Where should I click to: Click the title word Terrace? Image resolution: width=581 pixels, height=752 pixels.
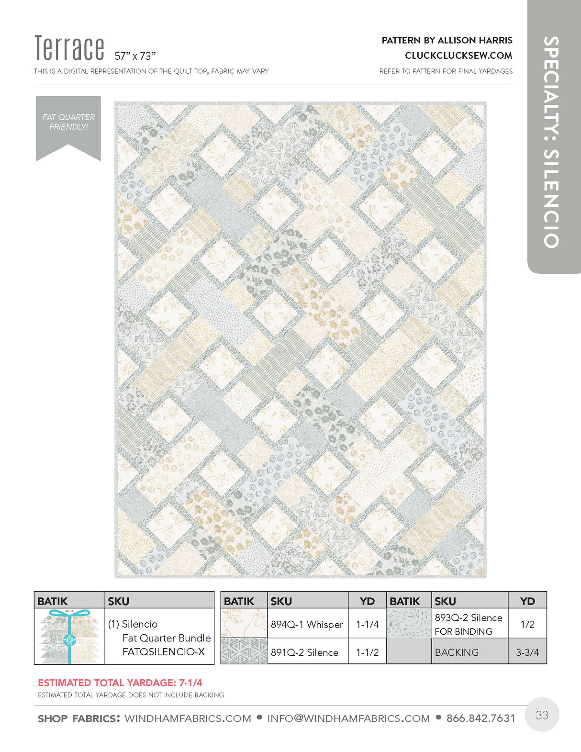(x=69, y=48)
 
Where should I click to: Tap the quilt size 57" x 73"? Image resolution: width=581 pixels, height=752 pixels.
(x=135, y=56)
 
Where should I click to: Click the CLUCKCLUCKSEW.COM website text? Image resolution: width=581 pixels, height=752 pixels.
(x=458, y=56)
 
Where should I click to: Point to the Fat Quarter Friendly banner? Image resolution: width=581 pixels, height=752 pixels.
(x=68, y=124)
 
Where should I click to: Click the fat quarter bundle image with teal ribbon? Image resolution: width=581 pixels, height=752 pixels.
(x=69, y=637)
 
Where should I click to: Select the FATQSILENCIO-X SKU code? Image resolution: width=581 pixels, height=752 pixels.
(x=164, y=652)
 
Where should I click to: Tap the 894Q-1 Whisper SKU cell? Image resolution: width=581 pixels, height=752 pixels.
(x=307, y=624)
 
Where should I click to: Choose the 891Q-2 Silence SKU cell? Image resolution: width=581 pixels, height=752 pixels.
(x=304, y=652)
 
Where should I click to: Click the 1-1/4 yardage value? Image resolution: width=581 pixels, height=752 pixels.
(x=367, y=624)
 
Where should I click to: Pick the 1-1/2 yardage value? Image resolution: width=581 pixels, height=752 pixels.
(x=367, y=652)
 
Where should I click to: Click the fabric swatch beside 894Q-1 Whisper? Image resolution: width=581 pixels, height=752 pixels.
(x=244, y=623)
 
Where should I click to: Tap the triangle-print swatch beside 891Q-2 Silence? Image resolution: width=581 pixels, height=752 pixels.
(x=244, y=651)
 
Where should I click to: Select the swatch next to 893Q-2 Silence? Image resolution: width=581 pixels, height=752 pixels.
(x=409, y=623)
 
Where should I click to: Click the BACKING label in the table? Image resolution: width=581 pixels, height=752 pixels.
(x=457, y=652)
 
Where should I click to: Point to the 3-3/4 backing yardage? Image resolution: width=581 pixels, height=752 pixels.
(x=527, y=652)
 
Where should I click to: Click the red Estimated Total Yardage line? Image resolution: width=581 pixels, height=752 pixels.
(x=120, y=683)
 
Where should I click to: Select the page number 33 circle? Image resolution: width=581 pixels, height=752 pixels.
(x=542, y=715)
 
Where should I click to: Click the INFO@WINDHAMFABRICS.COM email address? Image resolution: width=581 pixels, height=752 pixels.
(x=348, y=718)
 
